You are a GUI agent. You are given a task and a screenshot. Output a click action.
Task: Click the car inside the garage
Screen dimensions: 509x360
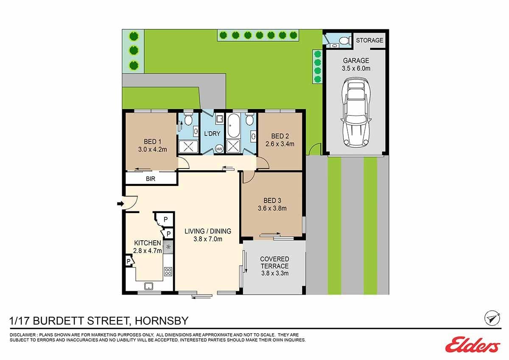tap(356, 112)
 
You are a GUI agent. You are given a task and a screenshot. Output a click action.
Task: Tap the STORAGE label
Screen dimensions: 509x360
tap(369, 40)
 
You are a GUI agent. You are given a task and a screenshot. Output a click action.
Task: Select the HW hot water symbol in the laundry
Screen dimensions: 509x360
tap(219, 149)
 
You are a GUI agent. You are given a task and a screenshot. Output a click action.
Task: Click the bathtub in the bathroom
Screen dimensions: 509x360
tap(233, 125)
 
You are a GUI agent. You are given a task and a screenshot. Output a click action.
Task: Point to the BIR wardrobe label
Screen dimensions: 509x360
tap(151, 179)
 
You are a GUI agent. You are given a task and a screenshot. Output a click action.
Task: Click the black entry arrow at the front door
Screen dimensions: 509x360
tap(120, 203)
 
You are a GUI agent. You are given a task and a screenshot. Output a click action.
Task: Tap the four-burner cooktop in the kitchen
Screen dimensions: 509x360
tap(168, 271)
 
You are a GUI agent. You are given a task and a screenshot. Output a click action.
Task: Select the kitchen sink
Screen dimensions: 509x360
tap(148, 286)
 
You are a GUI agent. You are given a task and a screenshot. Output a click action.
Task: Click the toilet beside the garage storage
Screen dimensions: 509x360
tap(344, 40)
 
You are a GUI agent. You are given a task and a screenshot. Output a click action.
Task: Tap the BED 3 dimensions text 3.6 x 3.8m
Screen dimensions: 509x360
tap(272, 208)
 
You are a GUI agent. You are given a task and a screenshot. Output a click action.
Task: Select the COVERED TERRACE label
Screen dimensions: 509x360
tap(274, 262)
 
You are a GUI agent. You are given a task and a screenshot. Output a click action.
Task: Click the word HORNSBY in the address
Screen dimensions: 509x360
tap(162, 321)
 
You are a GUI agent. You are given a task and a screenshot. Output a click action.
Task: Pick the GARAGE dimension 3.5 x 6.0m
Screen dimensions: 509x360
tap(356, 68)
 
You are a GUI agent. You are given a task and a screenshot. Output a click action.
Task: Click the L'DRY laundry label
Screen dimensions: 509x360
tap(212, 133)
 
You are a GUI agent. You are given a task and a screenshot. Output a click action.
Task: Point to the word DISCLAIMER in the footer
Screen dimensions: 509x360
tap(23, 335)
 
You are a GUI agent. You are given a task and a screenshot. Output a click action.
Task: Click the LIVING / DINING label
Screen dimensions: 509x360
tap(208, 231)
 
